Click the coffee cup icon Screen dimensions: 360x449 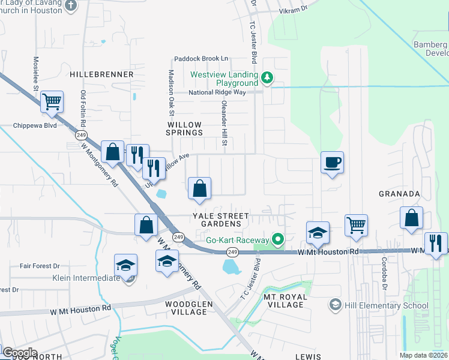pos(332,162)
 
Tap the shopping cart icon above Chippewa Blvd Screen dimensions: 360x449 pos(52,102)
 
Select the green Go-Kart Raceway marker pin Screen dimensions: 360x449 pos(277,240)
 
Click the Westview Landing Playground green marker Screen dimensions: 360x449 pos(267,78)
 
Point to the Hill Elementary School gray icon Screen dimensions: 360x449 pos(334,305)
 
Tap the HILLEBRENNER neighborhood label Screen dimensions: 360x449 pos(101,74)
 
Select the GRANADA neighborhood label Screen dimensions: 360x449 pos(399,194)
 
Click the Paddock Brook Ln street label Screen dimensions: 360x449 pos(201,58)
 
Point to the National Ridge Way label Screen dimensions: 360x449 pos(217,92)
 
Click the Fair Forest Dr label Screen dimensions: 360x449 pos(40,266)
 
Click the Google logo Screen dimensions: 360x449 pos(19,353)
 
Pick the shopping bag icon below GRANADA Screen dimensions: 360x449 pos(412,219)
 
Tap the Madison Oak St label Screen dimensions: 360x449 pos(171,93)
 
